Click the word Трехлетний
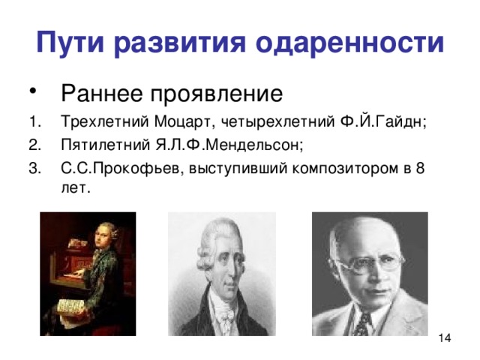coord(94,123)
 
